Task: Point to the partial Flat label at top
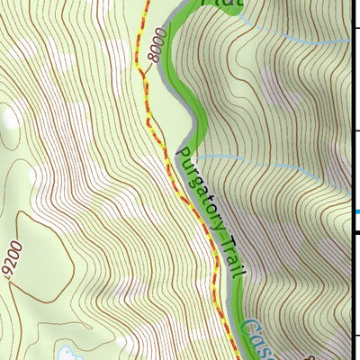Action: [220, 4]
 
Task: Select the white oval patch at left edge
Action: [9, 117]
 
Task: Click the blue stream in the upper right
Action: [297, 36]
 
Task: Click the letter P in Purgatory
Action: [184, 153]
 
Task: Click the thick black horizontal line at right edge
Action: [354, 232]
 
